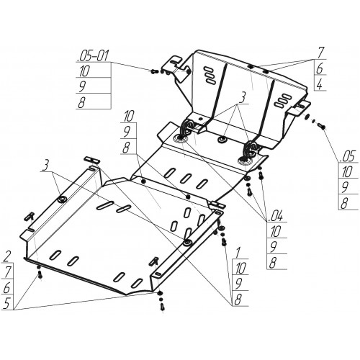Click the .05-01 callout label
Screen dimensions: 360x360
pos(93,56)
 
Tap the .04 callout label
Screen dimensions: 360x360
pos(276,216)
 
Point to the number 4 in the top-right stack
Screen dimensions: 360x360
pos(320,85)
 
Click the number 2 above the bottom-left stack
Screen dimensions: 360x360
pos(7,257)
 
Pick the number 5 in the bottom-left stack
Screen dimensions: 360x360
pos(7,303)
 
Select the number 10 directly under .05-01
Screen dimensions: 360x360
pos(84,71)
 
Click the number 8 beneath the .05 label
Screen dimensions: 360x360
pos(344,203)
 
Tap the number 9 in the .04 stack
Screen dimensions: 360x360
pos(274,247)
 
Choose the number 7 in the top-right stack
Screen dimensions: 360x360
pos(321,53)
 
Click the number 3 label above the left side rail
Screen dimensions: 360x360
pos(46,166)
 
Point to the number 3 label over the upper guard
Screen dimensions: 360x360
pos(243,98)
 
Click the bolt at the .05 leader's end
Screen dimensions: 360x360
pos(321,125)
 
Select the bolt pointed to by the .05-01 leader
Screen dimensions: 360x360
pos(154,71)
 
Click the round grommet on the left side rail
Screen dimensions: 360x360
pos(63,199)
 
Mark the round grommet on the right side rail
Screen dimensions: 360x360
pos(187,243)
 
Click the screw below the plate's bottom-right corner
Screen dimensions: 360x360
pos(161,307)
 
